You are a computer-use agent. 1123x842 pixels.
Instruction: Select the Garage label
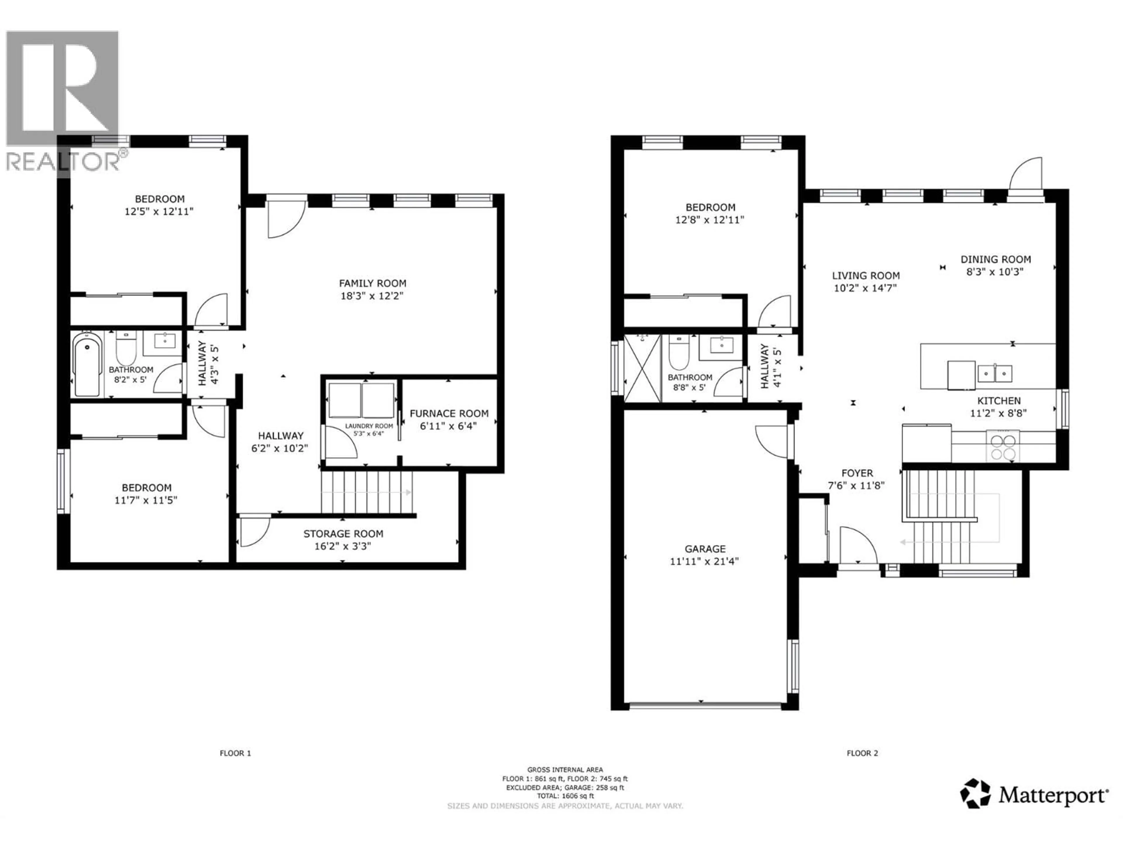click(x=705, y=549)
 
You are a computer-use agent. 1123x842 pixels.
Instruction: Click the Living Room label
click(x=866, y=276)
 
